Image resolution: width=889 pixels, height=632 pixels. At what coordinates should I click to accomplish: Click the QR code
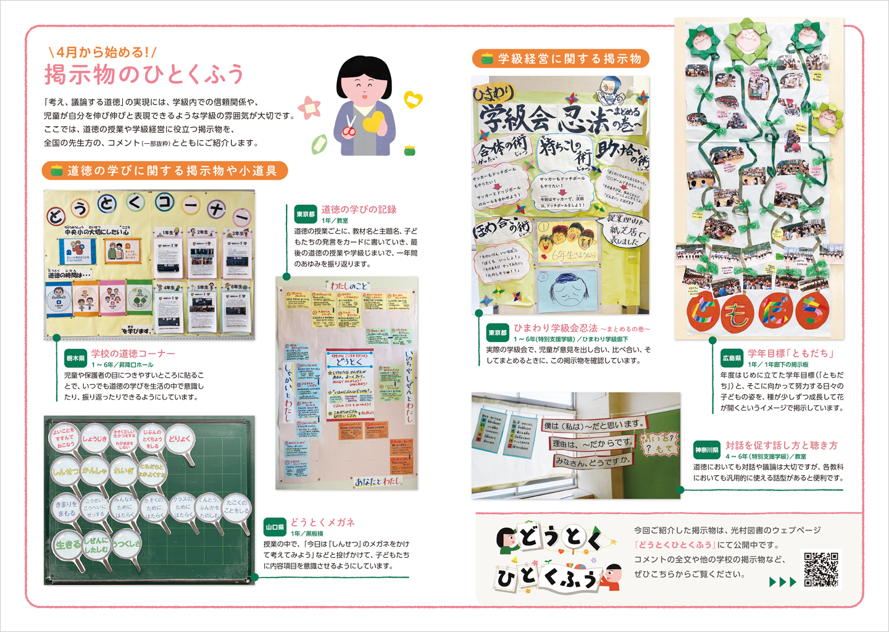pyautogui.click(x=820, y=570)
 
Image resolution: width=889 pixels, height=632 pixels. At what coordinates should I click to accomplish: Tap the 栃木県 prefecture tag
pyautogui.click(x=75, y=358)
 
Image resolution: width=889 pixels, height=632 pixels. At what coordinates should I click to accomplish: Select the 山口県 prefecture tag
pyautogui.click(x=274, y=527)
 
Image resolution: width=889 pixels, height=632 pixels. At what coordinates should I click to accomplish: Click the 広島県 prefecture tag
pyautogui.click(x=732, y=358)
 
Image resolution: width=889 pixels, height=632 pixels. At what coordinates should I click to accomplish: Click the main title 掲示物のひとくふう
pyautogui.click(x=144, y=75)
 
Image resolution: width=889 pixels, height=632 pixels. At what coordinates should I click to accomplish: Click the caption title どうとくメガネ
pyautogui.click(x=323, y=522)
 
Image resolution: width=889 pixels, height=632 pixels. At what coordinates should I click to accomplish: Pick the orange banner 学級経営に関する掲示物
pyautogui.click(x=561, y=59)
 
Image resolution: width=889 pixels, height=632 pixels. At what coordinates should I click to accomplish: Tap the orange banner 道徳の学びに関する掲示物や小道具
pyautogui.click(x=165, y=170)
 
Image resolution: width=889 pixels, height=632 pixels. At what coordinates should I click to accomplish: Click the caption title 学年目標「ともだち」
pyautogui.click(x=791, y=353)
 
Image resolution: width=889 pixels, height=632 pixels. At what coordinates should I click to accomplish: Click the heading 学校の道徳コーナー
pyautogui.click(x=133, y=353)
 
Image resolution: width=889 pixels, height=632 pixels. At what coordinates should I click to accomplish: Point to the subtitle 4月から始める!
pyautogui.click(x=102, y=52)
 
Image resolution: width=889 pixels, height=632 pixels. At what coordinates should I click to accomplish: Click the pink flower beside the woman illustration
pyautogui.click(x=309, y=107)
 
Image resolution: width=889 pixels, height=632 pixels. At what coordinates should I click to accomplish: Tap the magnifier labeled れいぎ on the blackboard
pyautogui.click(x=124, y=472)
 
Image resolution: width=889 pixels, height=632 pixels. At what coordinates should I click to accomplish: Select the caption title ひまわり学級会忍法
pyautogui.click(x=556, y=328)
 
